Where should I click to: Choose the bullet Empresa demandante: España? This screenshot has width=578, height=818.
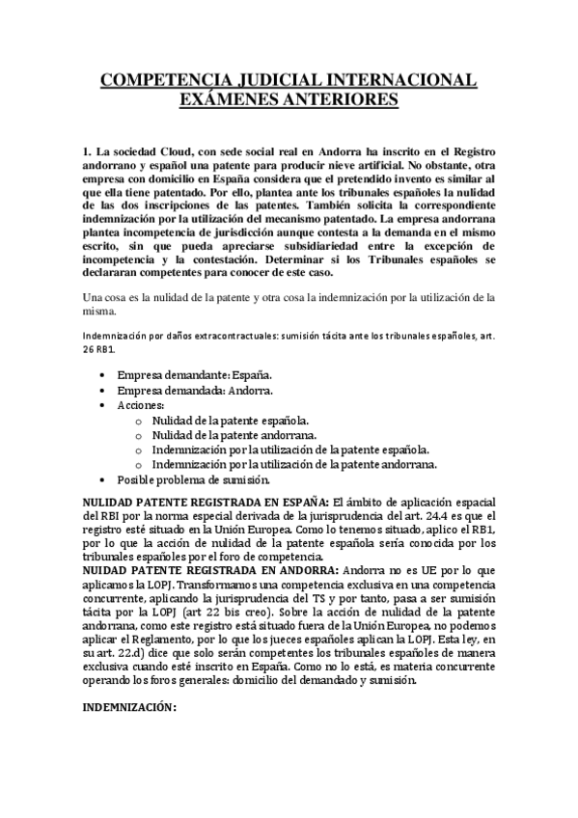(x=194, y=373)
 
